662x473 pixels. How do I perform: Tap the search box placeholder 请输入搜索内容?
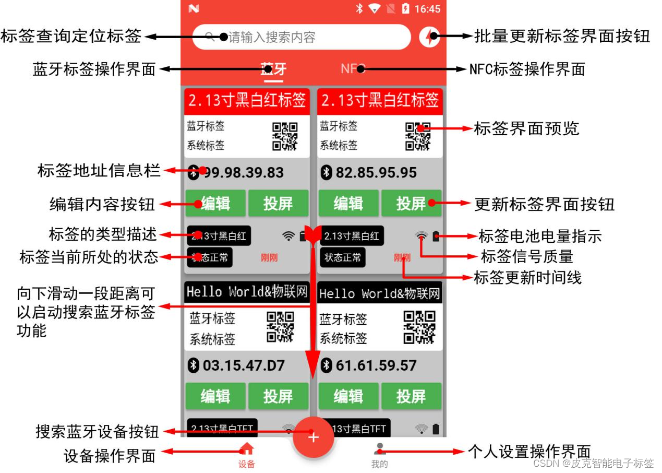pyautogui.click(x=272, y=37)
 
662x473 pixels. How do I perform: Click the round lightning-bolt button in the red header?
pyautogui.click(x=429, y=37)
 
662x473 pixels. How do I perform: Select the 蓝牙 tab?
pyautogui.click(x=273, y=69)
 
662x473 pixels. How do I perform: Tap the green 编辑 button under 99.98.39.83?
pyautogui.click(x=215, y=203)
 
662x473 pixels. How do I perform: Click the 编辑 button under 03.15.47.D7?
pyautogui.click(x=215, y=396)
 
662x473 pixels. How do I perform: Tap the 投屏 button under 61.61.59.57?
pyautogui.click(x=411, y=396)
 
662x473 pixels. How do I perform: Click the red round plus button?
pyautogui.click(x=313, y=437)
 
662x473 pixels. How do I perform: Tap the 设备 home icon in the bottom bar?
pyautogui.click(x=247, y=449)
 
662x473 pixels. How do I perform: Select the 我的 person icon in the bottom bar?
pyautogui.click(x=380, y=449)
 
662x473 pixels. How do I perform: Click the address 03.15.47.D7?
pyautogui.click(x=244, y=365)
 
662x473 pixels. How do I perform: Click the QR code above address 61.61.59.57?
pyautogui.click(x=419, y=328)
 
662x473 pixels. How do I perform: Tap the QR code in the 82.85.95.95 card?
pyautogui.click(x=418, y=136)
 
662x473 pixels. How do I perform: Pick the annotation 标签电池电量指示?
pyautogui.click(x=540, y=236)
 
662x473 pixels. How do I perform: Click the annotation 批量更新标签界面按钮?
pyautogui.click(x=562, y=37)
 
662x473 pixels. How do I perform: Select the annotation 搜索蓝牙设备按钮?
pyautogui.click(x=97, y=432)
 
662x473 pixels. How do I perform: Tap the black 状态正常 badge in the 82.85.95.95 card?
pyautogui.click(x=342, y=257)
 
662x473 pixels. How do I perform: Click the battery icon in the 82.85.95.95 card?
pyautogui.click(x=436, y=236)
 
